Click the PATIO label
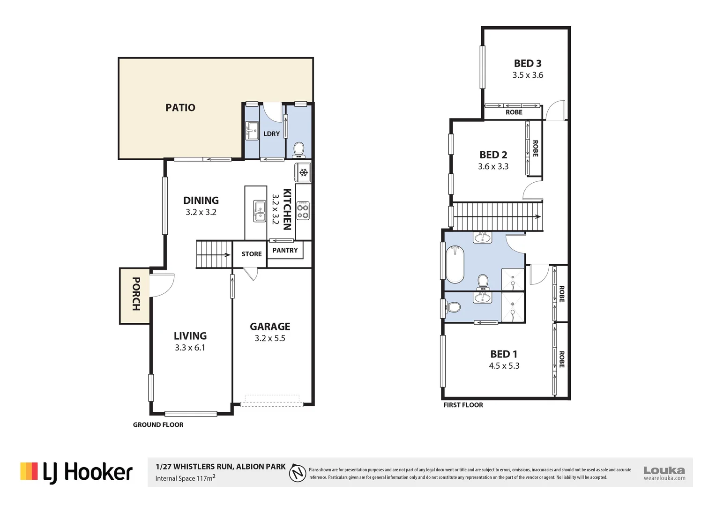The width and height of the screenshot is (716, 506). point(180,108)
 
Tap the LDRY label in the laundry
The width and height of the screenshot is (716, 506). point(271,134)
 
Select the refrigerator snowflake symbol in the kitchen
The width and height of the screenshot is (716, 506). point(304,173)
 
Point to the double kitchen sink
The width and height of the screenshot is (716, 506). point(260,211)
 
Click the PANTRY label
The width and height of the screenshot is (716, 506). point(285,250)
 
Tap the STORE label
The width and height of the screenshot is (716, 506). point(252,254)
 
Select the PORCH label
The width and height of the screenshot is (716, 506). point(136,294)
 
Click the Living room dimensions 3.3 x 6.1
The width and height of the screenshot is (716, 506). point(190,348)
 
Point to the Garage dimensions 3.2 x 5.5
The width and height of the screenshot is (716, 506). point(270,338)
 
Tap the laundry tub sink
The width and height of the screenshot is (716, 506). point(252,130)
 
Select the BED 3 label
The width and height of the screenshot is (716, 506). point(528,63)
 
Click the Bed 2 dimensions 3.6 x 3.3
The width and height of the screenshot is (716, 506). point(493,166)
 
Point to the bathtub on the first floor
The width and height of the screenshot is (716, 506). point(455,264)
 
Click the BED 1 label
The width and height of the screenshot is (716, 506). point(504,354)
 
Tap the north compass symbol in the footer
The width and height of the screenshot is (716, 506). point(298,473)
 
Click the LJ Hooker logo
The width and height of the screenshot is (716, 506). point(77,472)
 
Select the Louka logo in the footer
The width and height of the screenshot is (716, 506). point(664,472)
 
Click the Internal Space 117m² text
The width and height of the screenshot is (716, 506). point(186,478)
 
